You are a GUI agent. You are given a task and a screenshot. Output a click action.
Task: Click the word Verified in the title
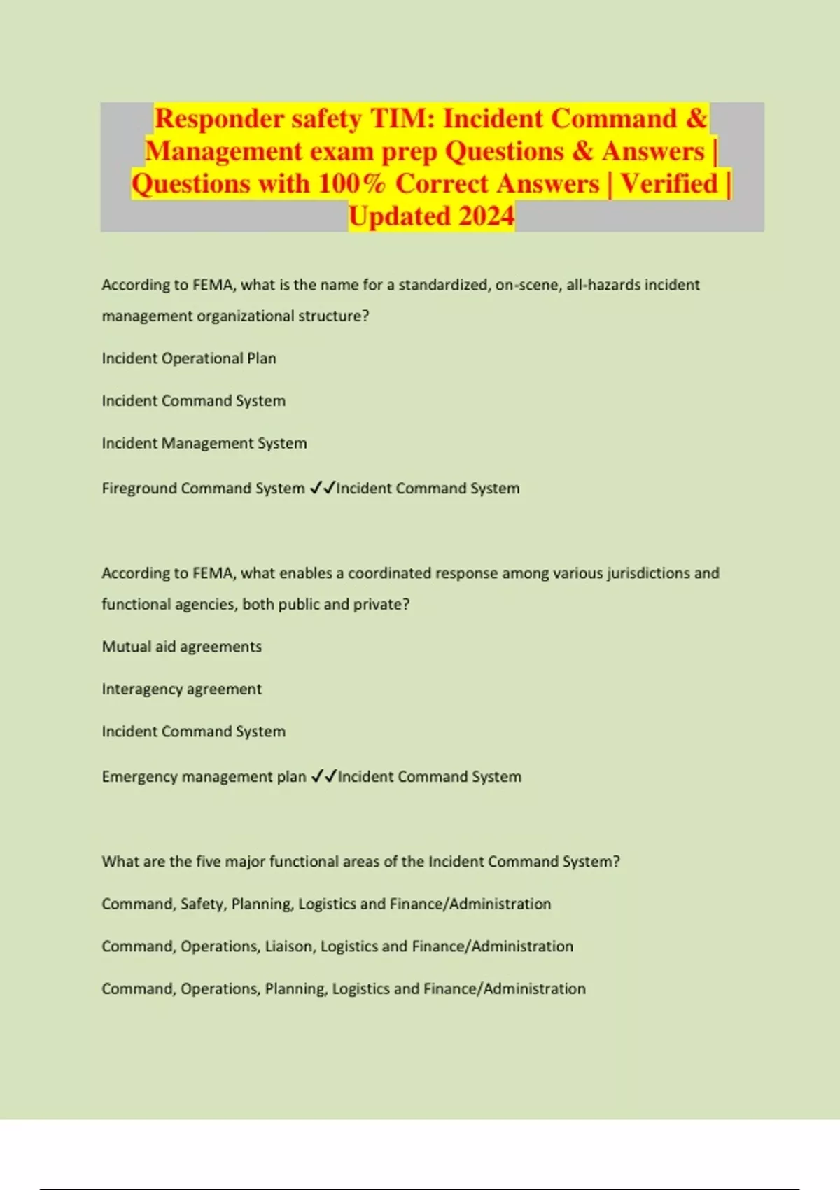(x=669, y=183)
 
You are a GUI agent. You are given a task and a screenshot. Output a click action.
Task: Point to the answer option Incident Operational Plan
(x=189, y=358)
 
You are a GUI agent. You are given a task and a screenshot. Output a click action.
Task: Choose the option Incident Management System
(x=204, y=443)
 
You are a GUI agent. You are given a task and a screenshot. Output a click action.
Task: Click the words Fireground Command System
(x=203, y=488)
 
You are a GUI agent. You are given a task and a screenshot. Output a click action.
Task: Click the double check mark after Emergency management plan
(x=323, y=776)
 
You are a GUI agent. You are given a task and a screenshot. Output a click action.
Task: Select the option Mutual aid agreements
(x=182, y=647)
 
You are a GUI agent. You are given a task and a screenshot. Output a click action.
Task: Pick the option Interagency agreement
(x=182, y=689)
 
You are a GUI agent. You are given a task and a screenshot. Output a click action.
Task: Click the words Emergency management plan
(x=204, y=776)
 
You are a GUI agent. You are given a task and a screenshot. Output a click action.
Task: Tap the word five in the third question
(x=208, y=861)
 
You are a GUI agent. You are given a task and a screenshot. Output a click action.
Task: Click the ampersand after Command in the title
(x=696, y=118)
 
